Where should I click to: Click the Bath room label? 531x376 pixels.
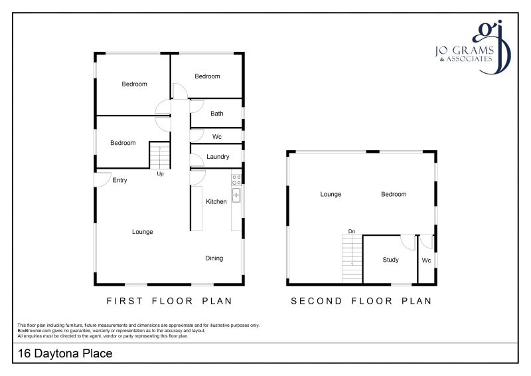tap(217, 114)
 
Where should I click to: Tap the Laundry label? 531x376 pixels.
tap(218, 157)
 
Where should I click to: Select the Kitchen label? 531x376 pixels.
tap(216, 201)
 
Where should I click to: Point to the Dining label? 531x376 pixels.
tap(214, 258)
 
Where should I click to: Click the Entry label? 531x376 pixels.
tap(119, 181)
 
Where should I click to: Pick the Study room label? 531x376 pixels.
tap(390, 260)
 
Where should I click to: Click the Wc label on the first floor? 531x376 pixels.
tap(217, 137)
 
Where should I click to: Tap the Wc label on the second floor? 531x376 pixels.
tap(426, 260)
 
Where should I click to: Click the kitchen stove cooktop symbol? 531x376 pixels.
tap(236, 180)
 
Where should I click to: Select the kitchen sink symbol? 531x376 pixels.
tap(236, 195)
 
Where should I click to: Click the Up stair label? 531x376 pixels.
tap(160, 173)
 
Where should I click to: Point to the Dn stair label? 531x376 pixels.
tap(352, 231)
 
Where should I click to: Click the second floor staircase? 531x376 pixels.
tap(352, 258)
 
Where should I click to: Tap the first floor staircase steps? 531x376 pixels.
tap(159, 155)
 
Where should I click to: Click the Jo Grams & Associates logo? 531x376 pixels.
tap(473, 47)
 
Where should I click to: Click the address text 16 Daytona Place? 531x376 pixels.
tap(65, 353)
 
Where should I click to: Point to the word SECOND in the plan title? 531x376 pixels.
tap(317, 301)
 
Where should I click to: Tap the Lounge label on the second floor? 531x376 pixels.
tap(331, 194)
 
